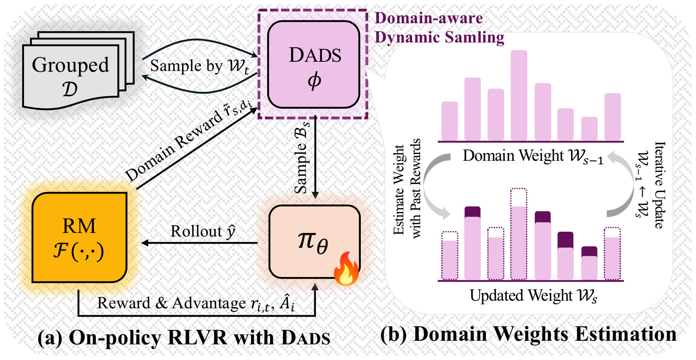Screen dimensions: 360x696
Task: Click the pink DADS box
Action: pyautogui.click(x=314, y=65)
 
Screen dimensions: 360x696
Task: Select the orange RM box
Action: pyautogui.click(x=79, y=238)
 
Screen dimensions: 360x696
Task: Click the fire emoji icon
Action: pyautogui.click(x=346, y=269)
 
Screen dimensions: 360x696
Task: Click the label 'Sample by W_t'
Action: pyautogui.click(x=199, y=66)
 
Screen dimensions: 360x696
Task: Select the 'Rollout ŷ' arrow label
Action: pyautogui.click(x=203, y=231)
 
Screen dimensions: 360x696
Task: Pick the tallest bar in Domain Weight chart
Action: pyautogui.click(x=519, y=95)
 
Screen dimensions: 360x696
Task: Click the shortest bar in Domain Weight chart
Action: pyautogui.click(x=589, y=129)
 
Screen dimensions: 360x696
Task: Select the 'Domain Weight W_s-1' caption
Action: pyautogui.click(x=533, y=156)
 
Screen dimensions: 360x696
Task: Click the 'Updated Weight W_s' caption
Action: pyautogui.click(x=533, y=296)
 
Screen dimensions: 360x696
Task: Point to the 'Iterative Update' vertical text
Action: pyautogui.click(x=660, y=185)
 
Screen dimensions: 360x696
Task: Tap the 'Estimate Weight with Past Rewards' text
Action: pyautogui.click(x=407, y=188)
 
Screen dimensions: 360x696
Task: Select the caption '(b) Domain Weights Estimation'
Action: pyautogui.click(x=528, y=334)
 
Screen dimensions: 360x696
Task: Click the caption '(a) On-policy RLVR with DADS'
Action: pyautogui.click(x=184, y=338)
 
